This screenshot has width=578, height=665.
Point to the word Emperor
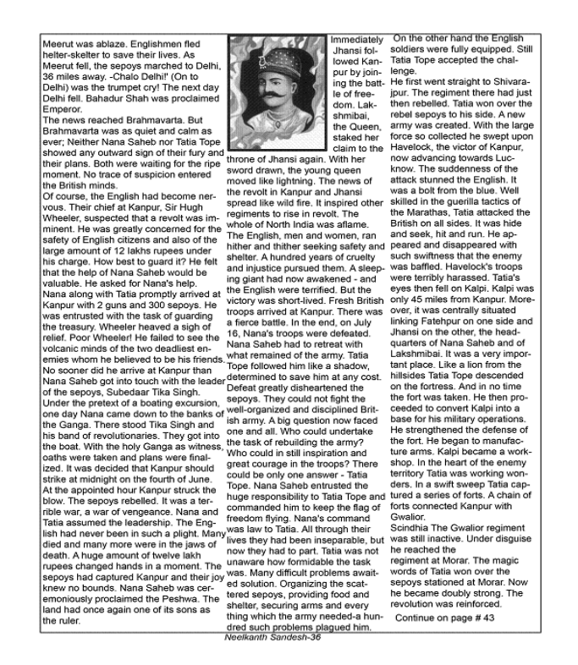[x=65, y=119]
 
